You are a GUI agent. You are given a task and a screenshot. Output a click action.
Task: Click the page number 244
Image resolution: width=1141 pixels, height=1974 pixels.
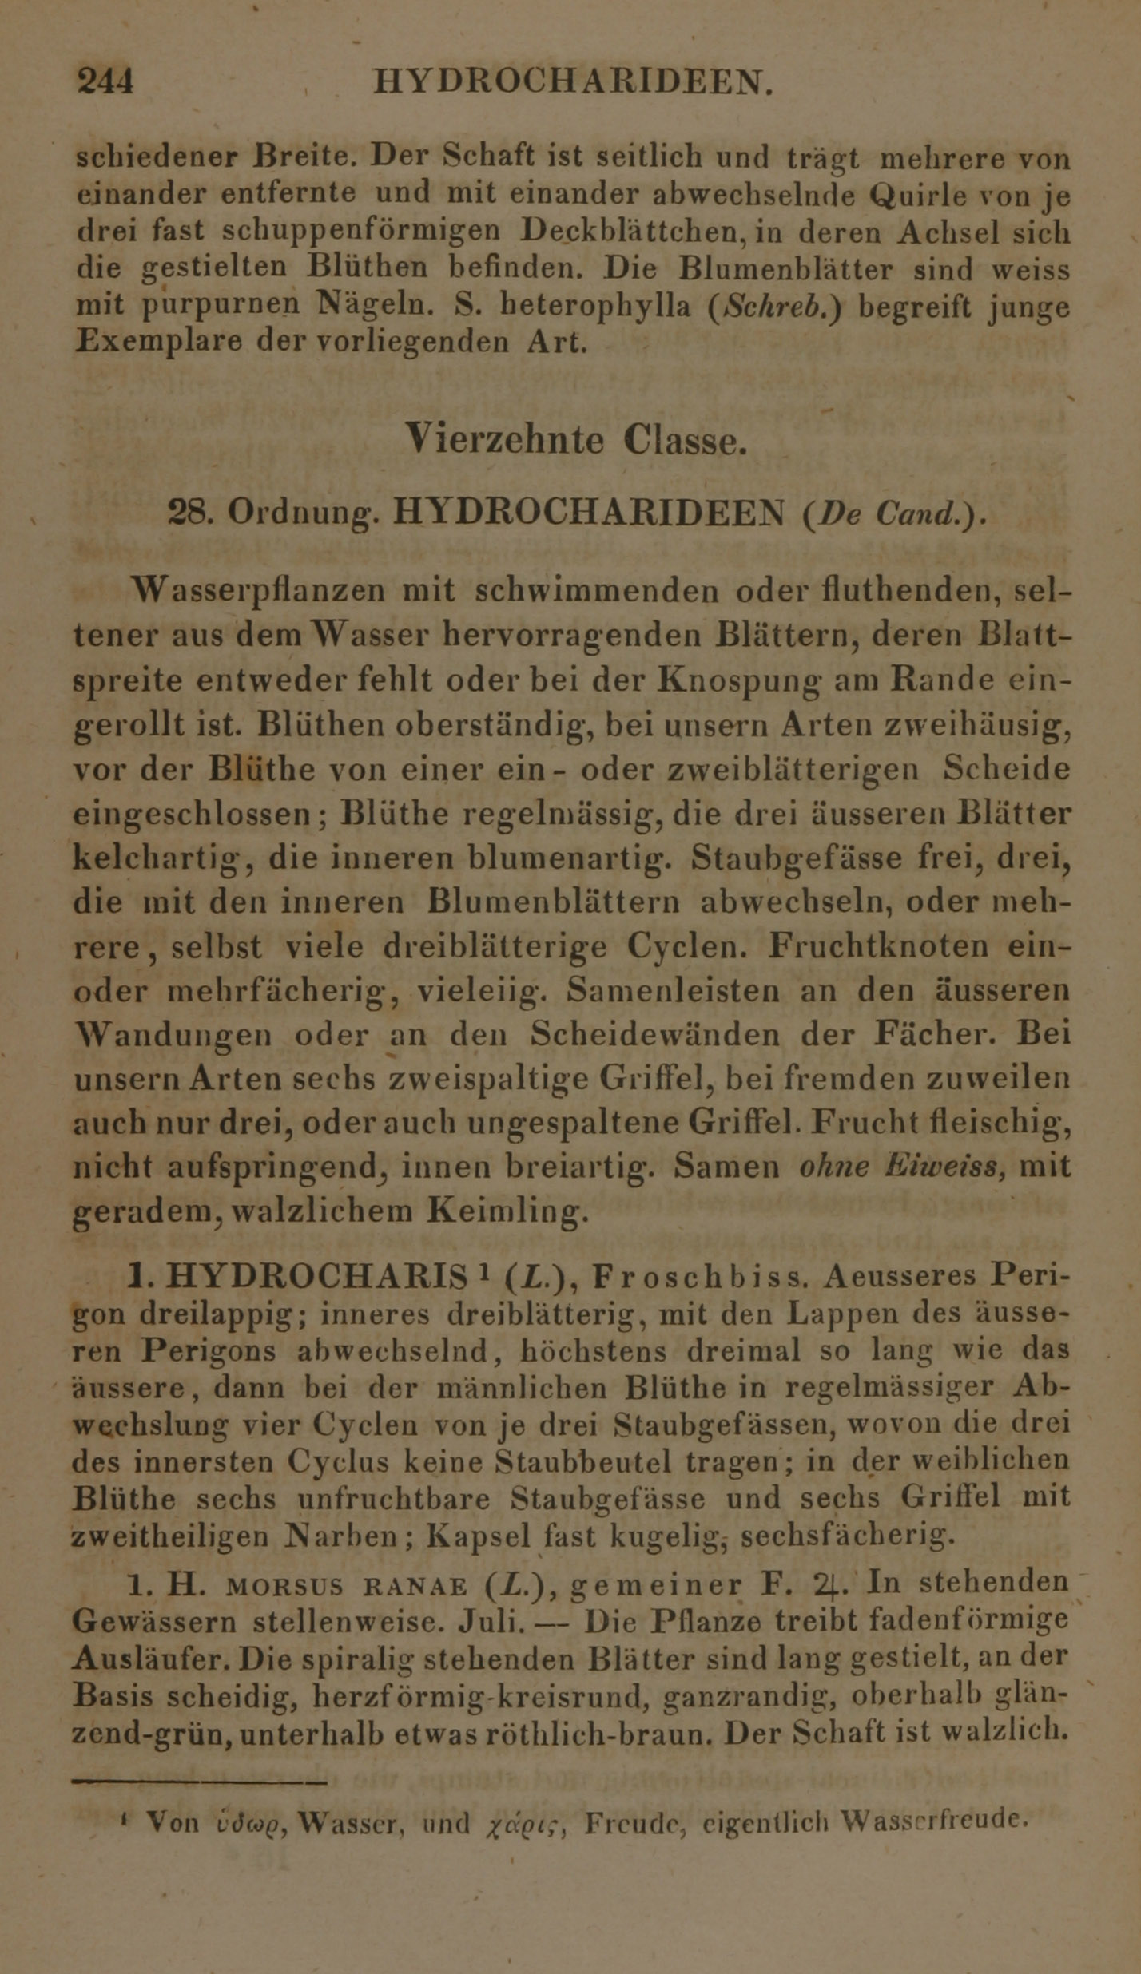tap(105, 81)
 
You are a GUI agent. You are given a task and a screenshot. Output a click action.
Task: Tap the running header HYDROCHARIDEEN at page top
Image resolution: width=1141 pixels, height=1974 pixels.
tap(573, 81)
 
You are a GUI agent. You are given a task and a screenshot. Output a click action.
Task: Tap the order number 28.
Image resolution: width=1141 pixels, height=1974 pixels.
tap(190, 513)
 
